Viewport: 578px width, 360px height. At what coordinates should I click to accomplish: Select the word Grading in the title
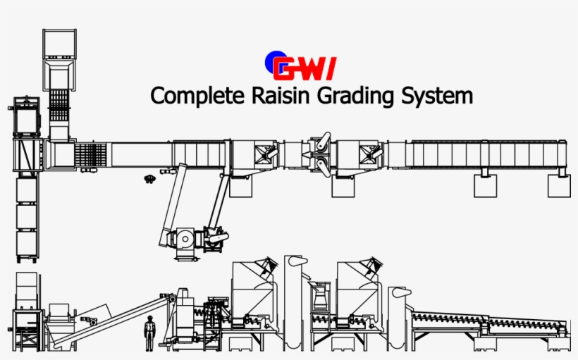click(352, 96)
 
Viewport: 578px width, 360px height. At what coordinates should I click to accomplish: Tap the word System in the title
click(437, 96)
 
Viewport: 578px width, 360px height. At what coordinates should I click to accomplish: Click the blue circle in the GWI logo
click(272, 62)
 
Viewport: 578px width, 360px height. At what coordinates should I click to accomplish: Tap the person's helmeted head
click(149, 319)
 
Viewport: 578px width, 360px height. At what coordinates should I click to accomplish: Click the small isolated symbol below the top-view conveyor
click(149, 179)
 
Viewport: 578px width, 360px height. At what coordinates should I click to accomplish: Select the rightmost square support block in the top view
click(559, 185)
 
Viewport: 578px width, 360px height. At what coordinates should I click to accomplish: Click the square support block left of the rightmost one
click(485, 185)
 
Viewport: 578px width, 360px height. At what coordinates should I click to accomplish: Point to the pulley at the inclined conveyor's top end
click(172, 299)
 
